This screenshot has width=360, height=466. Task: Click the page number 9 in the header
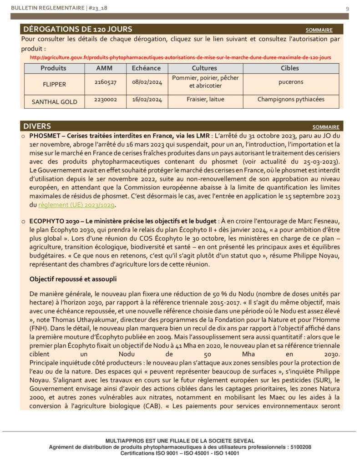[347, 9]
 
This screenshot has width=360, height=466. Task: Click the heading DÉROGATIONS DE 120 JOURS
[77, 29]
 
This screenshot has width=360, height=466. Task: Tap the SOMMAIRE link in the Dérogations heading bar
[319, 30]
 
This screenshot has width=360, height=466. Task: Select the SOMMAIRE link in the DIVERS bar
[325, 127]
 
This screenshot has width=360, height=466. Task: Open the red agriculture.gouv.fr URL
[180, 57]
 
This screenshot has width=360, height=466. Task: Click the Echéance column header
[146, 68]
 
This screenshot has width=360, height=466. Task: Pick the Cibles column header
[290, 68]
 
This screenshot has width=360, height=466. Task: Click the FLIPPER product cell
[54, 84]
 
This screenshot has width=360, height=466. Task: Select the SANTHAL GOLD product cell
[54, 102]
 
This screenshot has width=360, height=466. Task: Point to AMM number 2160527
[105, 82]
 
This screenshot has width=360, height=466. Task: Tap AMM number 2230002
[105, 99]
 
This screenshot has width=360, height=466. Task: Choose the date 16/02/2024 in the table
[147, 99]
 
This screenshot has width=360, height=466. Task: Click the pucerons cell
[291, 82]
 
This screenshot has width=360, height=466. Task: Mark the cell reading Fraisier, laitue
[205, 99]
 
